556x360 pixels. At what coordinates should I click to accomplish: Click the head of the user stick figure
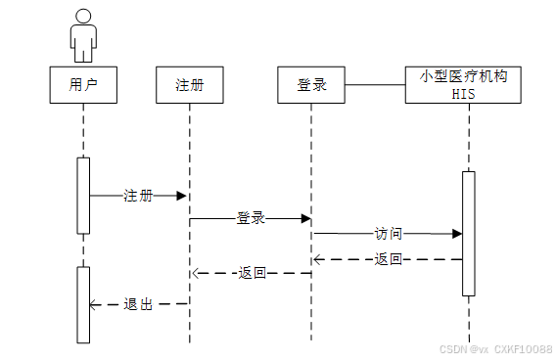click(83, 17)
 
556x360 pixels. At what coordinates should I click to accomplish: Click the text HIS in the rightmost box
click(463, 94)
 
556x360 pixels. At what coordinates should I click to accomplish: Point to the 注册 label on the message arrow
click(138, 196)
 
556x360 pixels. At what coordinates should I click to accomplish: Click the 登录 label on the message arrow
click(251, 218)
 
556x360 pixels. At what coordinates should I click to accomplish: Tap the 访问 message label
click(389, 234)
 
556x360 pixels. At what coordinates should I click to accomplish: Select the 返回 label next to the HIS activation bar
click(389, 259)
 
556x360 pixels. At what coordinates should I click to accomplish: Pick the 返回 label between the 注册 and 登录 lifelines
click(253, 273)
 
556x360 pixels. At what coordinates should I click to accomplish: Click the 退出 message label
click(138, 304)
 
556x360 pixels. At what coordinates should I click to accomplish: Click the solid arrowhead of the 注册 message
click(181, 196)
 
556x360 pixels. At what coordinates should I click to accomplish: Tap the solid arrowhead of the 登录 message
click(306, 218)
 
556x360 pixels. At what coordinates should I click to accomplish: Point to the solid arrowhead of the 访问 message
click(457, 234)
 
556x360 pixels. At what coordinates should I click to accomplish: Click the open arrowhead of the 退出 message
click(93, 304)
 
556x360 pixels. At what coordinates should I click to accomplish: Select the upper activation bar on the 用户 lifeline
click(83, 196)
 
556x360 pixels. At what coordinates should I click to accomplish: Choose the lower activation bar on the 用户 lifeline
click(83, 305)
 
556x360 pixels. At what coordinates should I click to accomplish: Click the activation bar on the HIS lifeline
click(469, 234)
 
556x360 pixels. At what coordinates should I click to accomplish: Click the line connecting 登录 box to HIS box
click(375, 85)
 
